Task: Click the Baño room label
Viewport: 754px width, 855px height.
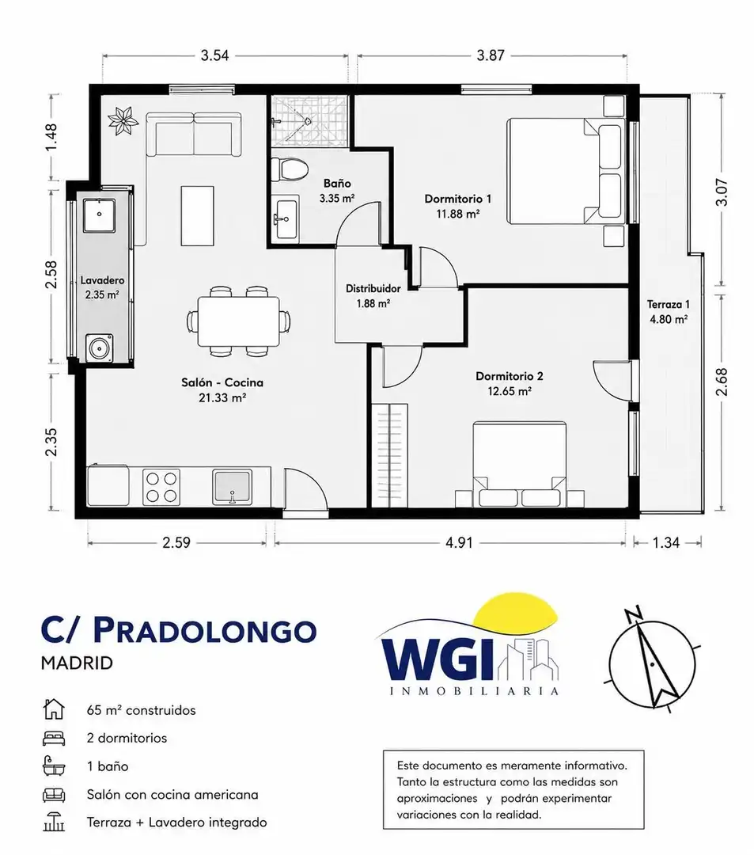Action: tap(337, 183)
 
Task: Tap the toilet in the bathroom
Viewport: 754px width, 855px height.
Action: tap(290, 169)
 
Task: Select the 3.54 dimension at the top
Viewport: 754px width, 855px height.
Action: tap(214, 55)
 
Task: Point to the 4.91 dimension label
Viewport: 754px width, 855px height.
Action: tap(459, 542)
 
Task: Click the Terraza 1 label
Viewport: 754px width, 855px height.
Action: tap(669, 304)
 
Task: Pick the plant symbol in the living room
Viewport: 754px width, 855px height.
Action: tap(123, 120)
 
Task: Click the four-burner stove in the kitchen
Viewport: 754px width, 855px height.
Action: tap(161, 486)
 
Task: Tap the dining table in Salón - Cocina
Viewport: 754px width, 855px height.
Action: tap(239, 321)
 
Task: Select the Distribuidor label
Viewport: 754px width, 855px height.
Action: tap(373, 288)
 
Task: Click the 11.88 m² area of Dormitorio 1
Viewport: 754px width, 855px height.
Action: tap(457, 214)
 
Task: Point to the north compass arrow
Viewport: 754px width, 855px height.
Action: tap(654, 663)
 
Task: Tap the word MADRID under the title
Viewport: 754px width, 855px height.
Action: tap(77, 663)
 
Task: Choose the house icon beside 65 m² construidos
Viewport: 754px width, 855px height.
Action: tap(53, 709)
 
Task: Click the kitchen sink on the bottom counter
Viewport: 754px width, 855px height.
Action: tap(233, 486)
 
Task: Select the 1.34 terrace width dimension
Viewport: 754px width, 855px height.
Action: tap(665, 542)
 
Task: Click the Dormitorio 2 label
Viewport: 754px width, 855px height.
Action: tap(510, 376)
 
